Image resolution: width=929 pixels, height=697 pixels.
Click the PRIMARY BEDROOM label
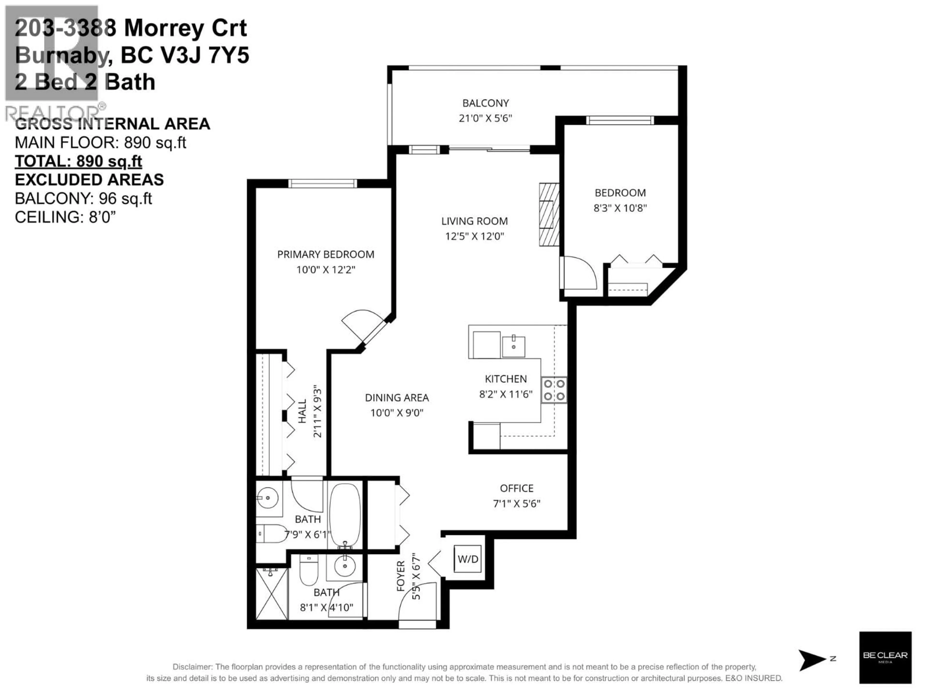pos(325,254)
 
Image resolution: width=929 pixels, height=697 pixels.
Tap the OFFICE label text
pos(516,488)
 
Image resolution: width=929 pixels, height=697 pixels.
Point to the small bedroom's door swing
pos(580,273)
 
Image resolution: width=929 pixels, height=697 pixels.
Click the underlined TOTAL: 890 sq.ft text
pos(79,161)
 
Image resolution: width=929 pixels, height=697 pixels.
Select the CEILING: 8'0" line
pos(65,217)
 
